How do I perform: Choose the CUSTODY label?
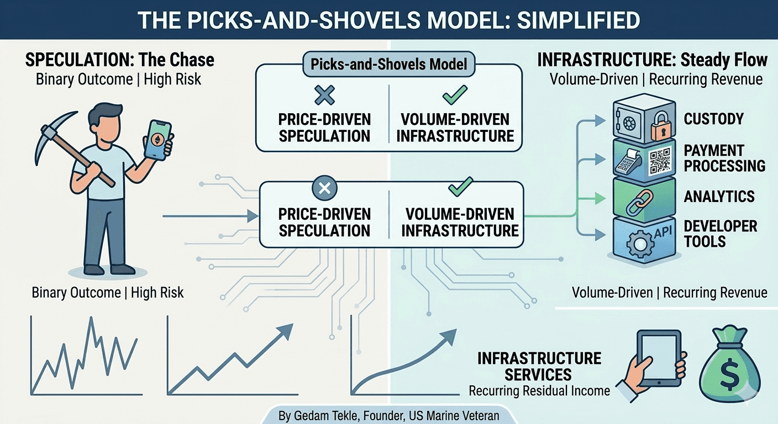[713, 119]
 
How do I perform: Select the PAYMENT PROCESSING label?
[724, 158]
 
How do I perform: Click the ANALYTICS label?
[719, 197]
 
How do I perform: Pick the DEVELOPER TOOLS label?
[720, 234]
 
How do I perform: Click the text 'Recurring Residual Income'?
[539, 391]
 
